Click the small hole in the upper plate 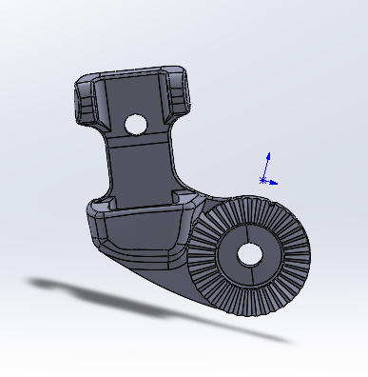click(x=135, y=124)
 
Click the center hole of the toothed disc click(x=250, y=254)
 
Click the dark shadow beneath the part click(x=143, y=305)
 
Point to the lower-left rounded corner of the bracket click(x=96, y=228)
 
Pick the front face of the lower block click(x=143, y=233)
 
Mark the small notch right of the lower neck click(x=184, y=195)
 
